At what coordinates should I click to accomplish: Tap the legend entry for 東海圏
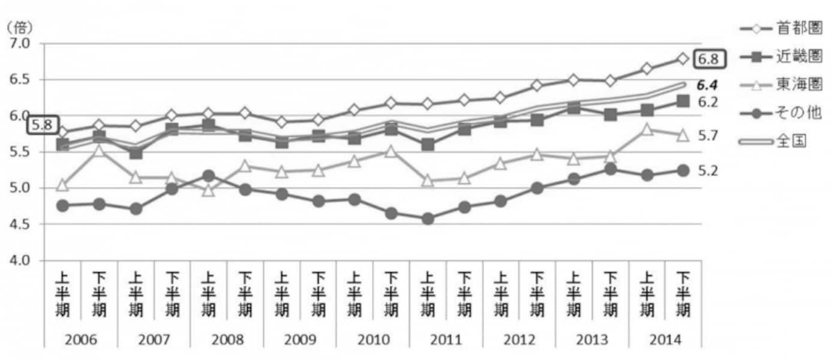pos(780,85)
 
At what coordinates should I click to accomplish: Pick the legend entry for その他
pos(780,113)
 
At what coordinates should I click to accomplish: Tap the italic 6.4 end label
pos(707,85)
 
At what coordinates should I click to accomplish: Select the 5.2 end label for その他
pos(708,171)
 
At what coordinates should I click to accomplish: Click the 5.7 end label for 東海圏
pos(708,136)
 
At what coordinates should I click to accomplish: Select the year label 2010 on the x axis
pos(373,340)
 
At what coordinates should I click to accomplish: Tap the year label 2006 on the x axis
pos(80,340)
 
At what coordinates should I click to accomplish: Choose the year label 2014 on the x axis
pos(665,340)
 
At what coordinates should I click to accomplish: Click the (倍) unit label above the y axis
pos(19,28)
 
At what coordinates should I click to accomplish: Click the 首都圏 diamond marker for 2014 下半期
pos(683,58)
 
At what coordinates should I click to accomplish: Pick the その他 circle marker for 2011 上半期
pos(427,218)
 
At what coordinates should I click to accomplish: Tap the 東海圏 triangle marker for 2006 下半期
pos(100,150)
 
